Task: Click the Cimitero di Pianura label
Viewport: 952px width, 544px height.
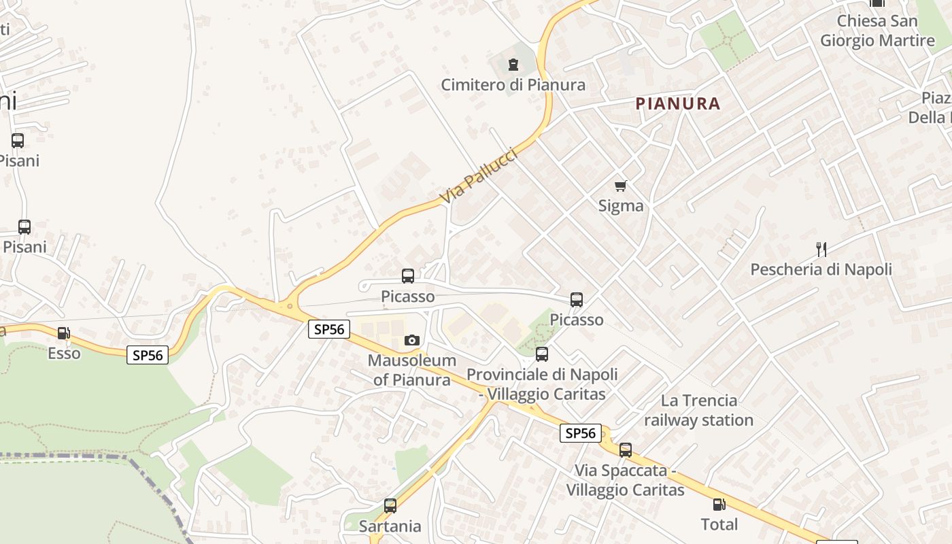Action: tap(513, 85)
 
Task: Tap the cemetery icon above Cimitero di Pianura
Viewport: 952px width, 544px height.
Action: tap(513, 65)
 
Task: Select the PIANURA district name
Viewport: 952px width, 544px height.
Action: tap(677, 103)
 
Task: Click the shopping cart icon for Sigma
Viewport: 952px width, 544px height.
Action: tap(620, 186)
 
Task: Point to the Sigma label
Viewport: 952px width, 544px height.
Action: tap(620, 205)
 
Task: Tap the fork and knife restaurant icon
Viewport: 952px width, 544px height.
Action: tap(821, 250)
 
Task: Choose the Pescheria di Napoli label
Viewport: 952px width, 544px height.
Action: tap(821, 269)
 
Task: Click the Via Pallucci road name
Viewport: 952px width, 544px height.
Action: tap(479, 176)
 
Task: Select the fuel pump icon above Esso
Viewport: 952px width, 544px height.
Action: tap(63, 333)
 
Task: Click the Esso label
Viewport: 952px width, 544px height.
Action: tap(64, 354)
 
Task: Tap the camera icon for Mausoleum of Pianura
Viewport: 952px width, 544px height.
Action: tap(412, 340)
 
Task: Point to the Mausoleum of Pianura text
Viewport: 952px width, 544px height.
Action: tap(412, 369)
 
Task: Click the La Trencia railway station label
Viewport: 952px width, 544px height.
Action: tap(698, 410)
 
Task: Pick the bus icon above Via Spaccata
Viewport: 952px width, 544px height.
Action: tap(625, 449)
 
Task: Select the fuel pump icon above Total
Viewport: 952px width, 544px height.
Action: tap(719, 505)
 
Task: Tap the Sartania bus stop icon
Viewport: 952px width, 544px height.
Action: tap(390, 506)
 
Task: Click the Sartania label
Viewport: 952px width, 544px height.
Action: tap(390, 526)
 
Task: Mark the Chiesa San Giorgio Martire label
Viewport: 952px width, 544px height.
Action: tap(877, 31)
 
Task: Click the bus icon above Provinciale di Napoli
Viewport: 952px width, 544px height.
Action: tap(542, 354)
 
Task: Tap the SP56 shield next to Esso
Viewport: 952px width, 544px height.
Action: tap(148, 355)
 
